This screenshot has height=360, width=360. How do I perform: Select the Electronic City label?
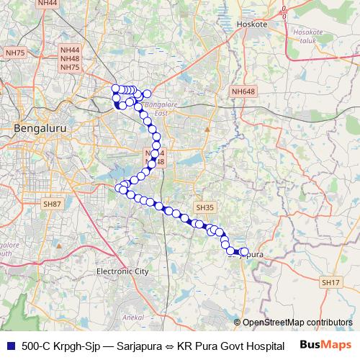pyautogui.click(x=122, y=271)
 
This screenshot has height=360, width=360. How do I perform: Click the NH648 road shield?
pyautogui.click(x=243, y=91)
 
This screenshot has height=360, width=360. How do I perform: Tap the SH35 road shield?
pyautogui.click(x=205, y=207)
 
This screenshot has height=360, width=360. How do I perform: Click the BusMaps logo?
pyautogui.click(x=320, y=346)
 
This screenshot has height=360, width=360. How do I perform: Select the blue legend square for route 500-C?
pyautogui.click(x=10, y=346)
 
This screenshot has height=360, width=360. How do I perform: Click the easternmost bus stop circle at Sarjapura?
pyautogui.click(x=245, y=252)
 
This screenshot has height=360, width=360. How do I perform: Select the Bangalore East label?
pyautogui.click(x=156, y=109)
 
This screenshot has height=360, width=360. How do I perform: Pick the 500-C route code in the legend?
pyautogui.click(x=37, y=346)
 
